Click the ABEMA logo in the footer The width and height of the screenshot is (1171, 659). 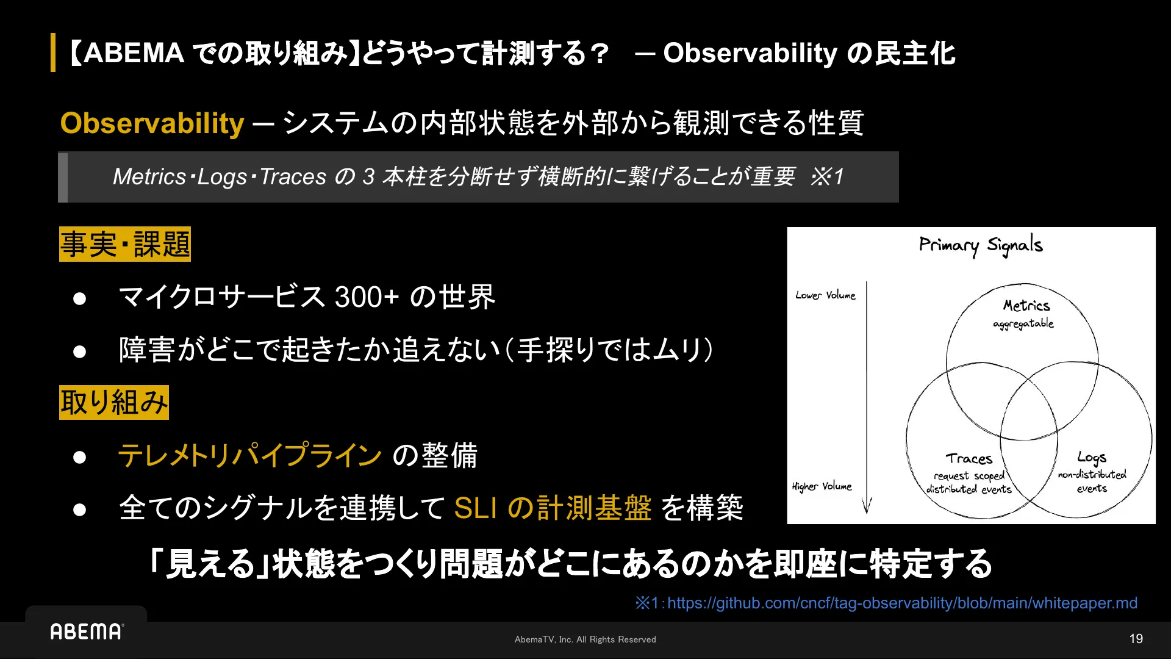pyautogui.click(x=87, y=632)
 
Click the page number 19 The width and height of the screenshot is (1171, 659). pyautogui.click(x=1136, y=639)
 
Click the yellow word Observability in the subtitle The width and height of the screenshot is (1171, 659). pyautogui.click(x=152, y=123)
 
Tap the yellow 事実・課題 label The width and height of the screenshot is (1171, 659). pyautogui.click(x=125, y=244)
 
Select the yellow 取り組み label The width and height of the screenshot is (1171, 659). pyautogui.click(x=114, y=402)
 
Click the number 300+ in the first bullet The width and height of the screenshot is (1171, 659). pyautogui.click(x=367, y=297)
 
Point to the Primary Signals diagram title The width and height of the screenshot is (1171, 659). pyautogui.click(x=981, y=245)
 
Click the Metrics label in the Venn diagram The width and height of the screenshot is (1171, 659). pyautogui.click(x=1026, y=305)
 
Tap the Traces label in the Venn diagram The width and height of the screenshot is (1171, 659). pyautogui.click(x=969, y=459)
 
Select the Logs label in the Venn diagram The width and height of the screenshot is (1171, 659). pyautogui.click(x=1092, y=458)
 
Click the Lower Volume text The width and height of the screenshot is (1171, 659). pyautogui.click(x=825, y=295)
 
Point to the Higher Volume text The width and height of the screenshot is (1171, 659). pyautogui.click(x=822, y=486)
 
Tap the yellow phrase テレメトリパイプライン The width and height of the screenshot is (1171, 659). pyautogui.click(x=250, y=456)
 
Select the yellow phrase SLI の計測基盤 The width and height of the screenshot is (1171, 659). pyautogui.click(x=553, y=508)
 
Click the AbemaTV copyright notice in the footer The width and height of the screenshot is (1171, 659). pyautogui.click(x=585, y=639)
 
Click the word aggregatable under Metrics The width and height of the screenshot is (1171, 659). pyautogui.click(x=1023, y=324)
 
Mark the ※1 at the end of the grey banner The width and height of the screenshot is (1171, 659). pyautogui.click(x=827, y=177)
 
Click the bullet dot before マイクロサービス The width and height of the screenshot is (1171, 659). pyautogui.click(x=79, y=298)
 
